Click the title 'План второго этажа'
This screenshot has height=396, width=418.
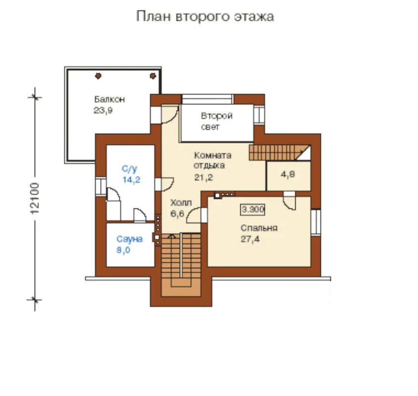coord(205,16)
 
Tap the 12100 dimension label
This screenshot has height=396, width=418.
coord(35,198)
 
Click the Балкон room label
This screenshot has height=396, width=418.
coord(109,99)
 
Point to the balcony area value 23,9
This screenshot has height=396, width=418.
coord(103,110)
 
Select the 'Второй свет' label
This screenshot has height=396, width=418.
coord(216,121)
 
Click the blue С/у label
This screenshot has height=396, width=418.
coord(129,169)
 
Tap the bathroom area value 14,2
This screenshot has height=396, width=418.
coord(131,180)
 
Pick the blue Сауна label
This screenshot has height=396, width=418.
coord(130,239)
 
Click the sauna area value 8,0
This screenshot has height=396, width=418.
coord(123,250)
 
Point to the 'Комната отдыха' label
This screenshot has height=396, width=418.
coord(212,160)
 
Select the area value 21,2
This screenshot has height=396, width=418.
coord(204,177)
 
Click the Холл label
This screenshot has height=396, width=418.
coord(181,203)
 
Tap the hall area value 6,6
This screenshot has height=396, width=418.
coord(177,213)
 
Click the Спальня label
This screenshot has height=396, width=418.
coord(259,228)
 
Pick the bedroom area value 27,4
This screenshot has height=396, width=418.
coord(250,239)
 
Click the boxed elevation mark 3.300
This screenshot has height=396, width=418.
coord(253,209)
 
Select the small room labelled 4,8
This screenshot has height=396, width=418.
coord(289,176)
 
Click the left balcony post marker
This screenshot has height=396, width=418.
coord(98,76)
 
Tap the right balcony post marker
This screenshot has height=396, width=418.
coord(153,76)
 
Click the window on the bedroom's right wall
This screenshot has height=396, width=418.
coord(315,223)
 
